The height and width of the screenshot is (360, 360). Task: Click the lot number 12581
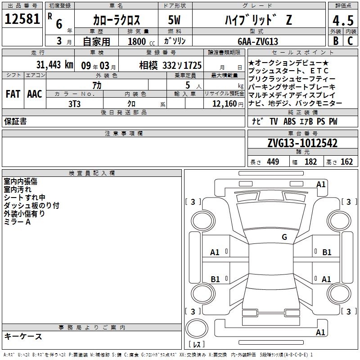click(x=22, y=19)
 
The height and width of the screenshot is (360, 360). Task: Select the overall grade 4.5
click(x=343, y=20)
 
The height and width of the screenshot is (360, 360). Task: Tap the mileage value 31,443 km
click(x=54, y=65)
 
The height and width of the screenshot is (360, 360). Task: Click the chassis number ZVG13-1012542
click(x=302, y=143)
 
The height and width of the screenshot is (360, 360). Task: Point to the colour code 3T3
click(x=74, y=104)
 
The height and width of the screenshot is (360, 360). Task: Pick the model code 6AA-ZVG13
click(x=258, y=41)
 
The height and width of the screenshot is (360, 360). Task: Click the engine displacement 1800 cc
click(x=141, y=41)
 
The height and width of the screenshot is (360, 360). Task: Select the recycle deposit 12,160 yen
click(x=228, y=104)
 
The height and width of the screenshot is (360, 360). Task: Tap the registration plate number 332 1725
click(x=182, y=65)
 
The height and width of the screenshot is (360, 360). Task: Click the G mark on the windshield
click(x=284, y=237)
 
